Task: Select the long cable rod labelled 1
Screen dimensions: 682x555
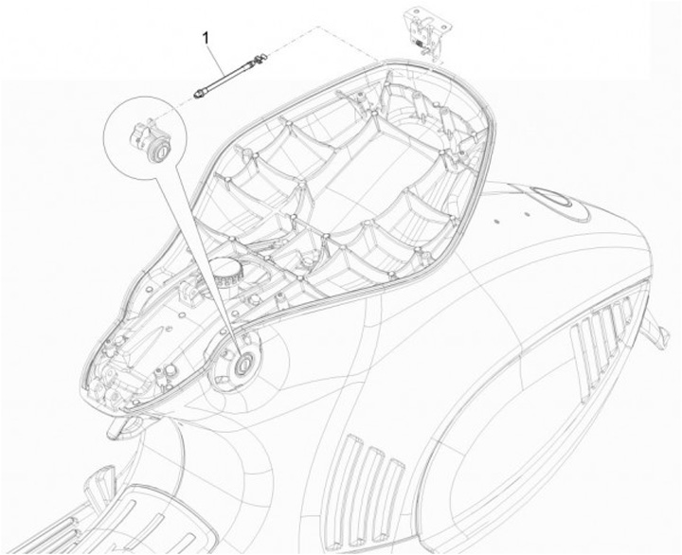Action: pyautogui.click(x=227, y=75)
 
